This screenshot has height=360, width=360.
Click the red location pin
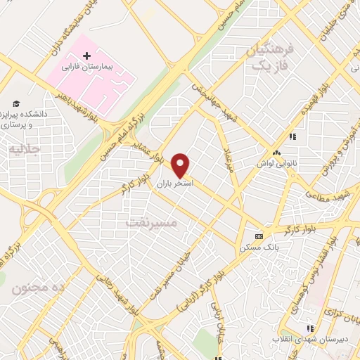181,165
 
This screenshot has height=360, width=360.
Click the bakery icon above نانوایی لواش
276,153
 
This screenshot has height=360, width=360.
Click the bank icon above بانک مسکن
259,236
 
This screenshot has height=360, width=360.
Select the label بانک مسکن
258,247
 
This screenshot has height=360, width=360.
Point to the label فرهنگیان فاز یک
265,58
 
